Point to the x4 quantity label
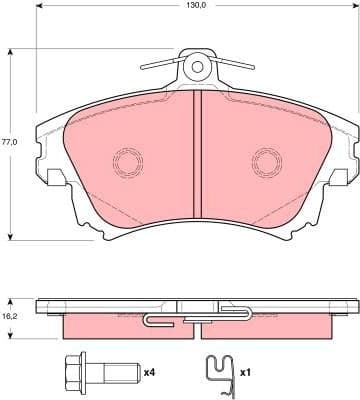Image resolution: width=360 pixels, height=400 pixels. click(x=149, y=372)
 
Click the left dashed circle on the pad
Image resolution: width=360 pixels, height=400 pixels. click(x=127, y=160)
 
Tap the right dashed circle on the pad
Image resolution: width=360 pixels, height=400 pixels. click(x=266, y=160)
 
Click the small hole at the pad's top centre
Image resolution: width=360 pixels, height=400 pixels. click(x=197, y=68)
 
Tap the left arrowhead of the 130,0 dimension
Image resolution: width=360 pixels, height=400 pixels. click(x=38, y=17)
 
